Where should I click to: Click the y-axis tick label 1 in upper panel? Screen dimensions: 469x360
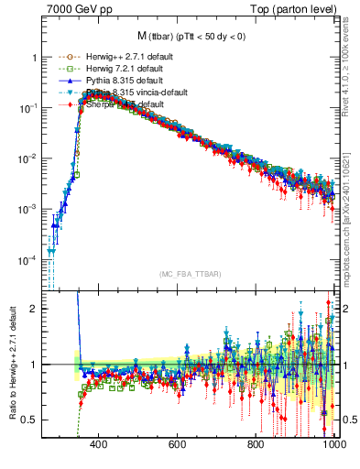34,58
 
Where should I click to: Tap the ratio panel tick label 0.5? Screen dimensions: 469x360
30,420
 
